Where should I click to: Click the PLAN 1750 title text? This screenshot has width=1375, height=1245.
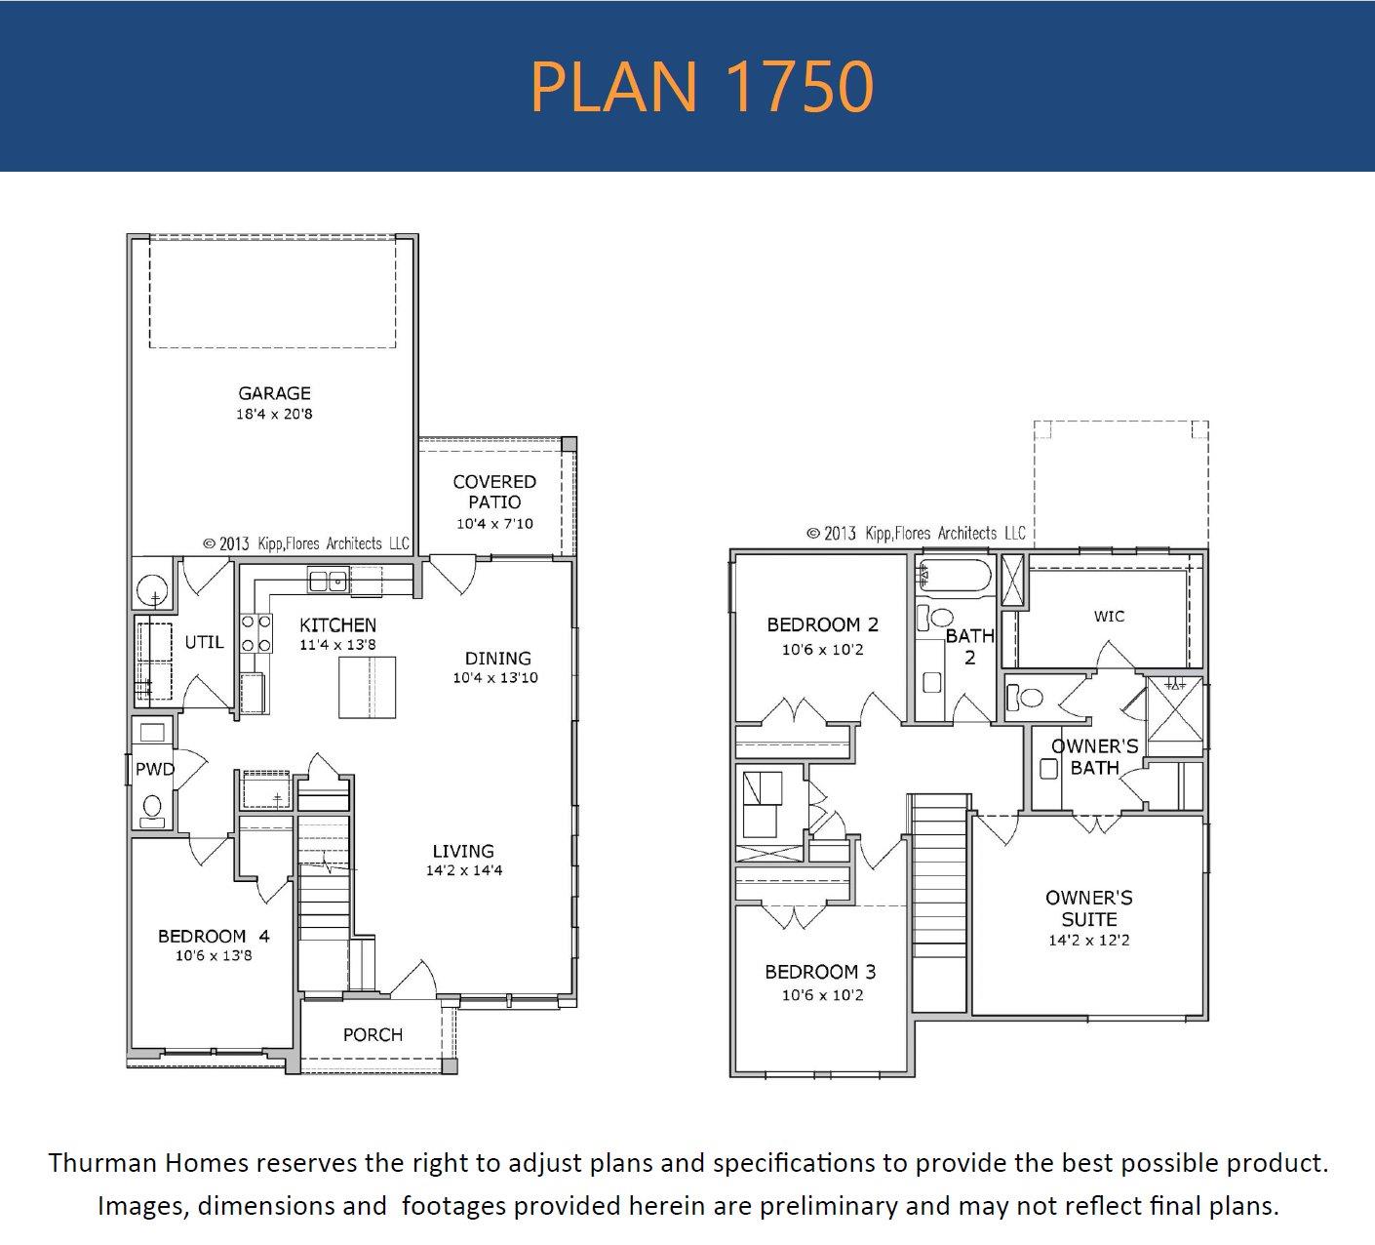(x=701, y=86)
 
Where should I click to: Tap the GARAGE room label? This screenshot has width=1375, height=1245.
(x=274, y=393)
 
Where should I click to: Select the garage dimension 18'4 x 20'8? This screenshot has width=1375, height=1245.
(x=274, y=415)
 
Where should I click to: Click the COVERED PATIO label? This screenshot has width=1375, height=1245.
(x=494, y=492)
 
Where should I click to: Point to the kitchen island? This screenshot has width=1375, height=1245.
(x=367, y=687)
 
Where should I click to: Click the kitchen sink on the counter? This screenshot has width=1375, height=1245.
(x=328, y=582)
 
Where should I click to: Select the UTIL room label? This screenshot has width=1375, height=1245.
(x=204, y=642)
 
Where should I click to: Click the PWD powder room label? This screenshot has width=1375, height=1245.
(x=154, y=770)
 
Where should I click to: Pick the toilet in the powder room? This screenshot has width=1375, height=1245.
(x=152, y=809)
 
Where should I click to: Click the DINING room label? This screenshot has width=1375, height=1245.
(x=497, y=659)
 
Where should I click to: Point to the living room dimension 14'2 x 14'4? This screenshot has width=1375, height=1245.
(x=463, y=870)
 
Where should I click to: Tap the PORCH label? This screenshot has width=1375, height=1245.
(x=373, y=1034)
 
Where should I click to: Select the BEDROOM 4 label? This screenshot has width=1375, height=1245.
(x=214, y=937)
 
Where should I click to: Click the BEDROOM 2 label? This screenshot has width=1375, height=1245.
(x=822, y=624)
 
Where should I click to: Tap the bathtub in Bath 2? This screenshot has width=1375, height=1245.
(x=954, y=576)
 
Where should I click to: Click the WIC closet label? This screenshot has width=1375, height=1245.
(x=1109, y=617)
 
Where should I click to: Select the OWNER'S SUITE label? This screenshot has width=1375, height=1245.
(x=1088, y=908)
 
